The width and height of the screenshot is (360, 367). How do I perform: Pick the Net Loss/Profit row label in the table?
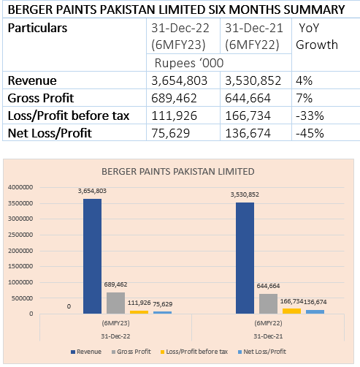pos(50,133)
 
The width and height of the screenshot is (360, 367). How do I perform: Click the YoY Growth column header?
pos(317,37)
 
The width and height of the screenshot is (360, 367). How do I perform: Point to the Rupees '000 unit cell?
pos(189,63)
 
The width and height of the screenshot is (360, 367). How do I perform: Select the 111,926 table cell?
pos(174,116)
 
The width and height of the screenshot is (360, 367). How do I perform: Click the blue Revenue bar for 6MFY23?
pos(92,256)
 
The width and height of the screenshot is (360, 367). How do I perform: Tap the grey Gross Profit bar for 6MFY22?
pos(268,303)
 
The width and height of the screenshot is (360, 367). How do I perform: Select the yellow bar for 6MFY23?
pos(139,312)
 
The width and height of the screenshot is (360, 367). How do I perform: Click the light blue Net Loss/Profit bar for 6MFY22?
pos(315,311)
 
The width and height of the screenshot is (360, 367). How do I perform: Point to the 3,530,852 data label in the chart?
pos(245,194)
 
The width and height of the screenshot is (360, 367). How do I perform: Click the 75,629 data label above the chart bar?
pos(163,304)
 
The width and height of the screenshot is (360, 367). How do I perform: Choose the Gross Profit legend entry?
pos(131,352)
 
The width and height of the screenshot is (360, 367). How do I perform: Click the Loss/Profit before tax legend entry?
pos(194,352)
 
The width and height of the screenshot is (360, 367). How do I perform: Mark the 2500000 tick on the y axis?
pos(20,235)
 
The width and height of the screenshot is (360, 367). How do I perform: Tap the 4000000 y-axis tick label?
pos(20,187)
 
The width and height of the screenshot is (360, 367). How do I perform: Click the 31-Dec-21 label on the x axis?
pos(268,336)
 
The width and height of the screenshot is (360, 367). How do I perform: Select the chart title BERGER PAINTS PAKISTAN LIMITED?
pos(178,172)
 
